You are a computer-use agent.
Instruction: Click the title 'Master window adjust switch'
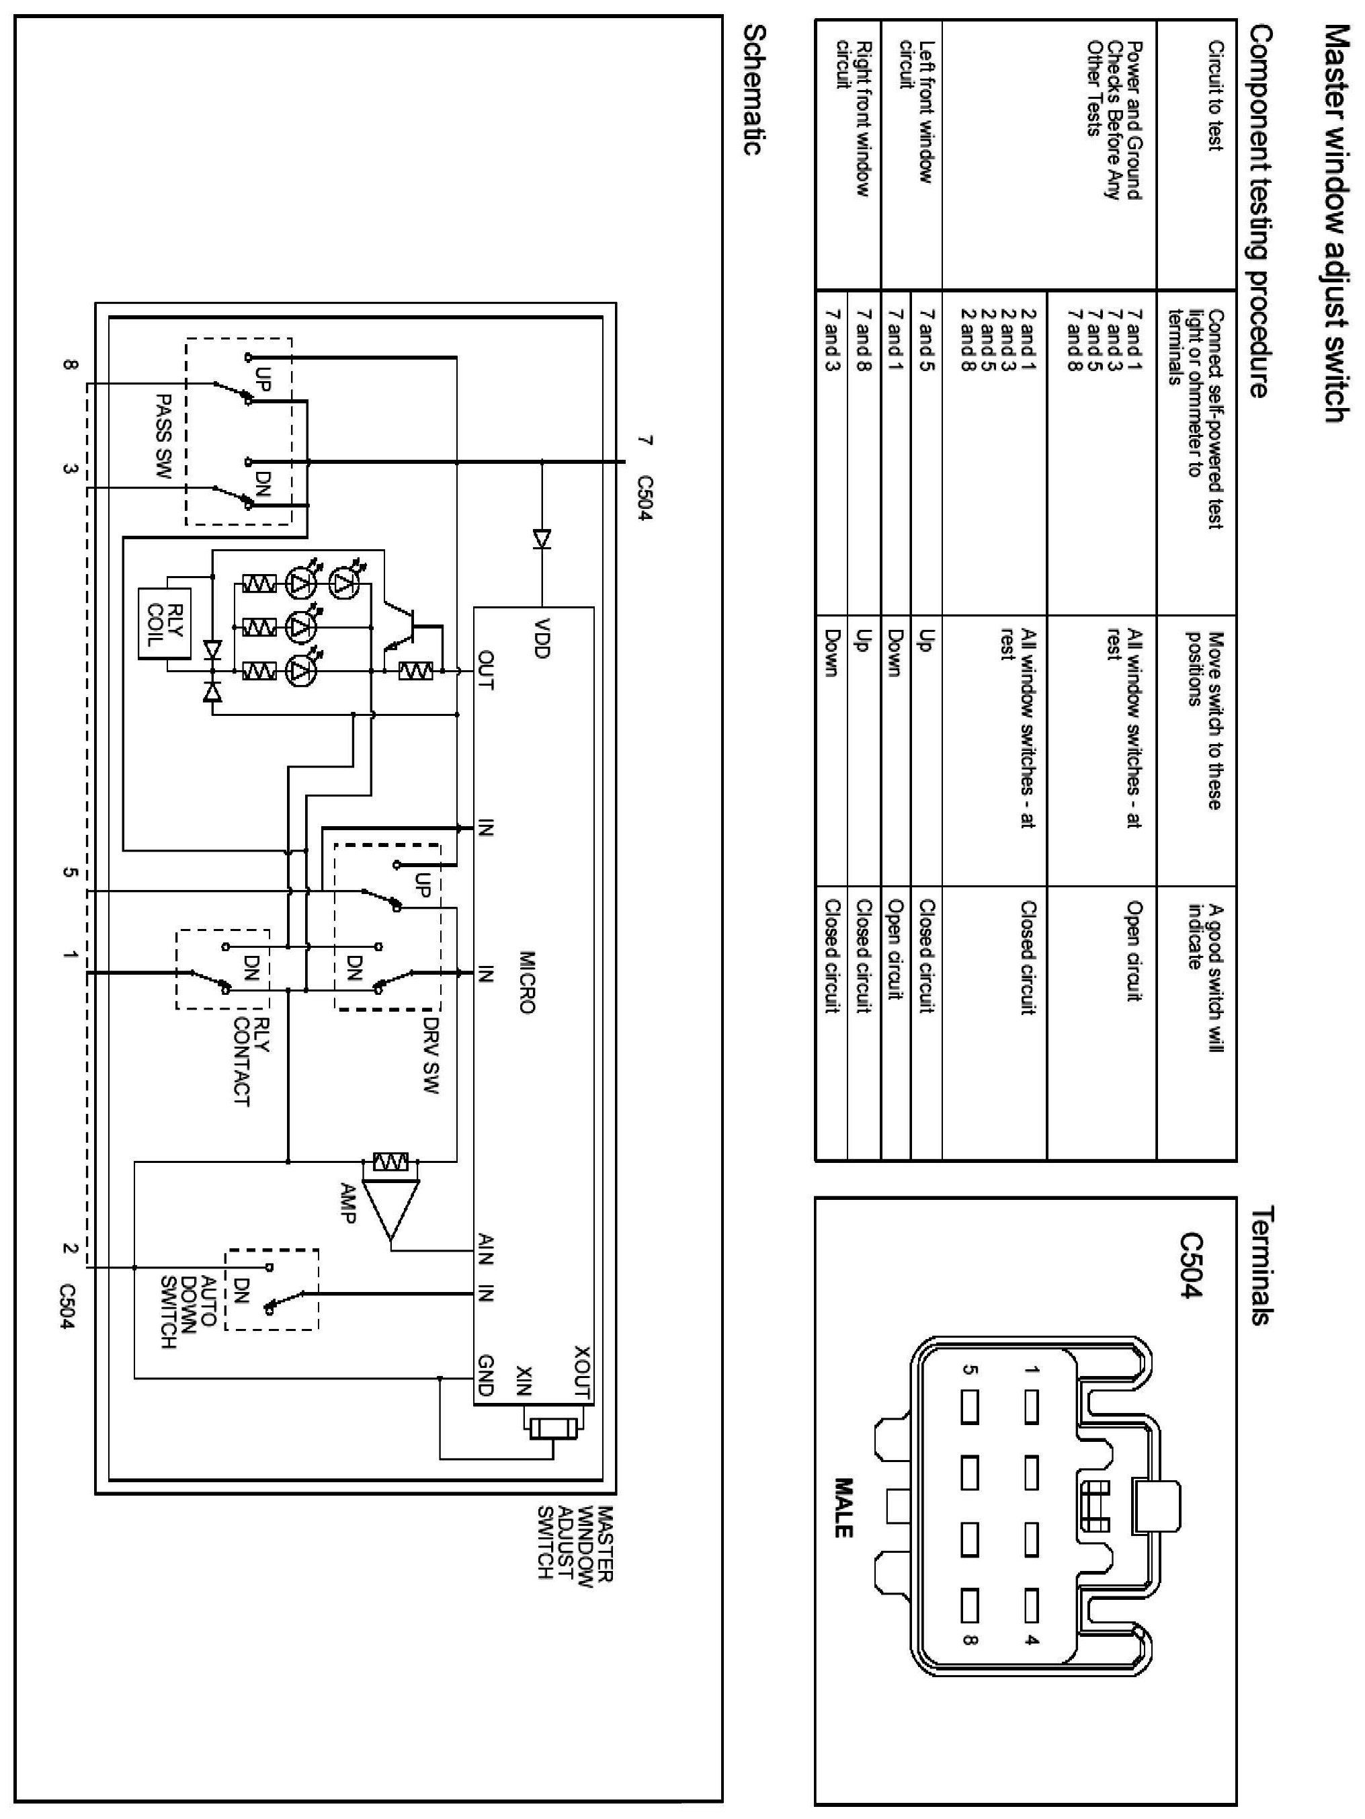1336,224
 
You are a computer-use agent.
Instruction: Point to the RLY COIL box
165,622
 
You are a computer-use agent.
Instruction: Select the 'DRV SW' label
431,1056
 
